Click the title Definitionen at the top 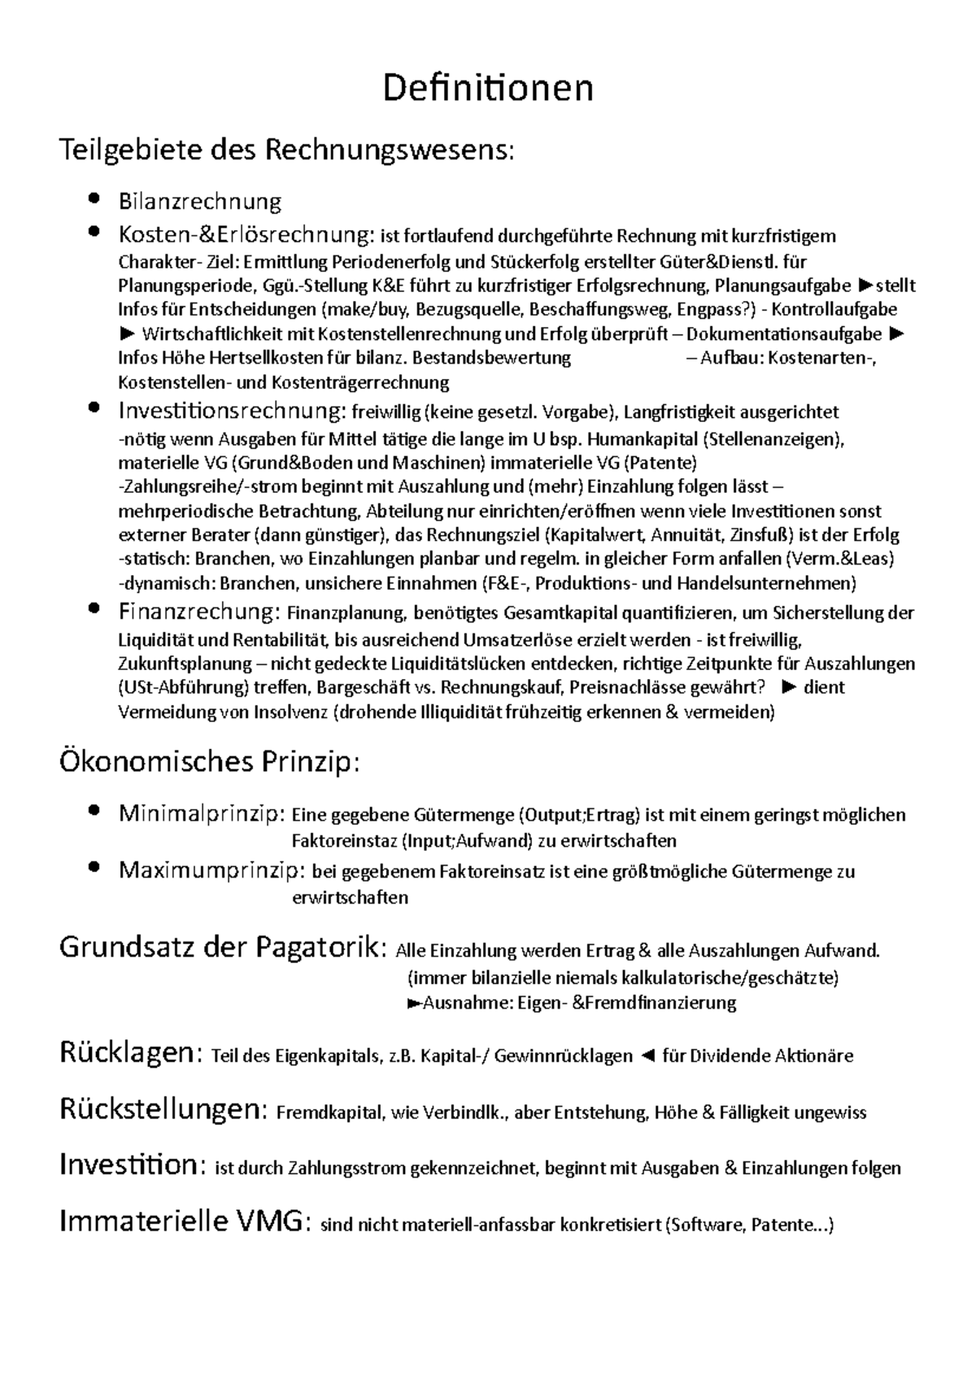coord(488,88)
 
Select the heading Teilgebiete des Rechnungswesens coord(286,150)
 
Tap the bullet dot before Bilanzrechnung coord(96,198)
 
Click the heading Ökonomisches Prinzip coord(209,763)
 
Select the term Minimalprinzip coord(201,813)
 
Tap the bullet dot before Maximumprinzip coord(96,868)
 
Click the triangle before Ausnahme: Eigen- coord(413,1003)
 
